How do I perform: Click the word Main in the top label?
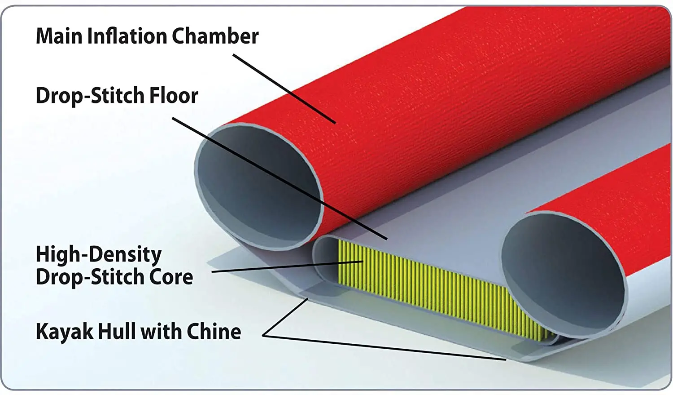pyautogui.click(x=59, y=36)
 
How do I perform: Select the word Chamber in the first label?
pyautogui.click(x=215, y=36)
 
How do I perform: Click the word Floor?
pyautogui.click(x=174, y=96)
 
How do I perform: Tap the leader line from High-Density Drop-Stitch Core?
pyautogui.click(x=287, y=266)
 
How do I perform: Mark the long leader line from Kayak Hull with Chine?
pyautogui.click(x=386, y=348)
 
